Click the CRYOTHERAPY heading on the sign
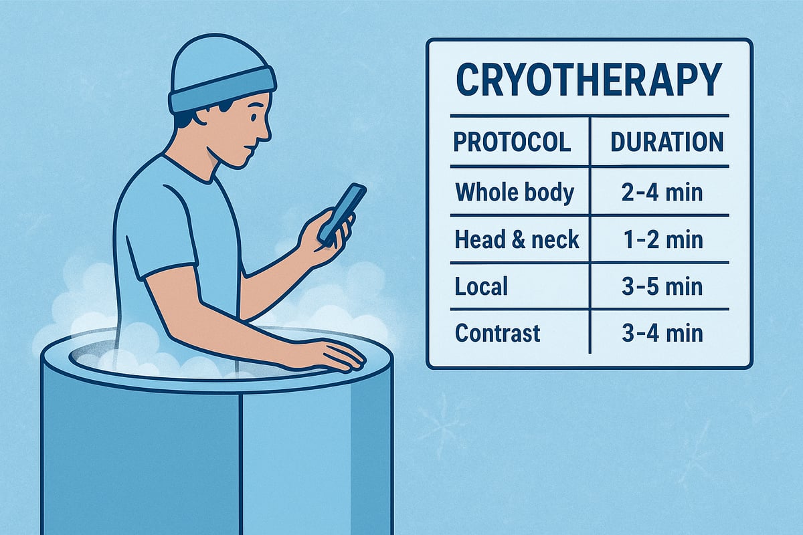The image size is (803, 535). [x=589, y=80]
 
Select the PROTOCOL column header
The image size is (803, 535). [x=513, y=142]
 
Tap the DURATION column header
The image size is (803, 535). [x=666, y=142]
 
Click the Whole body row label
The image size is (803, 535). [x=515, y=193]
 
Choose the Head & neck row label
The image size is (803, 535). [x=517, y=239]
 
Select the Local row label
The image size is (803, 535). [x=481, y=286]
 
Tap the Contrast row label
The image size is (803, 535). [x=498, y=333]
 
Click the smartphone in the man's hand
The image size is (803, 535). [x=341, y=213]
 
